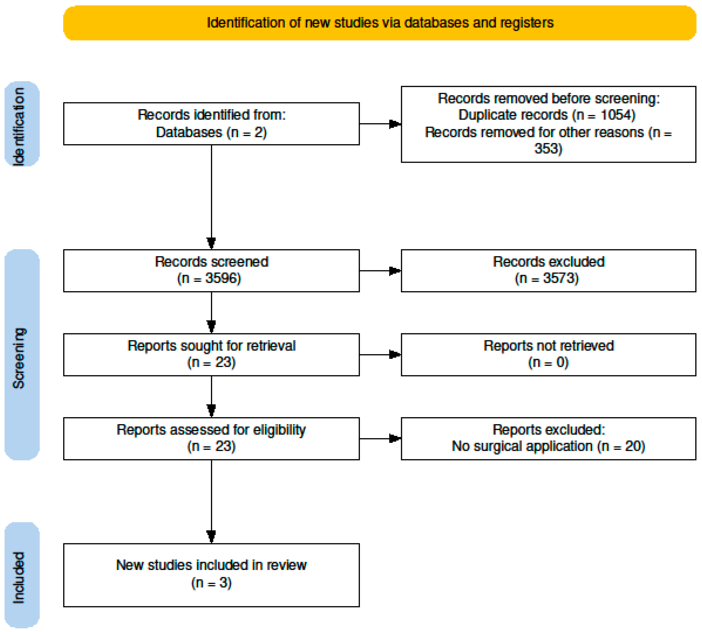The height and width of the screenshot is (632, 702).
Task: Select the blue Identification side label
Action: point(22,124)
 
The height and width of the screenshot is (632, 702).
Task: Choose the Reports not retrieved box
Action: point(548,355)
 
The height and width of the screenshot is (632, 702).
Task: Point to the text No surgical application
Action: point(522,446)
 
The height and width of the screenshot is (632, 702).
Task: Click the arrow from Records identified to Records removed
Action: point(380,124)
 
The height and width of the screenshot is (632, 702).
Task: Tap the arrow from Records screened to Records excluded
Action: point(380,270)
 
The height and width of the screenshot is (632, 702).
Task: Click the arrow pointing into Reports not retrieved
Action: point(380,355)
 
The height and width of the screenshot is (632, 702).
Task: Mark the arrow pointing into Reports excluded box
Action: point(380,438)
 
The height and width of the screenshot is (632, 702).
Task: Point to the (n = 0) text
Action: point(548,362)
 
